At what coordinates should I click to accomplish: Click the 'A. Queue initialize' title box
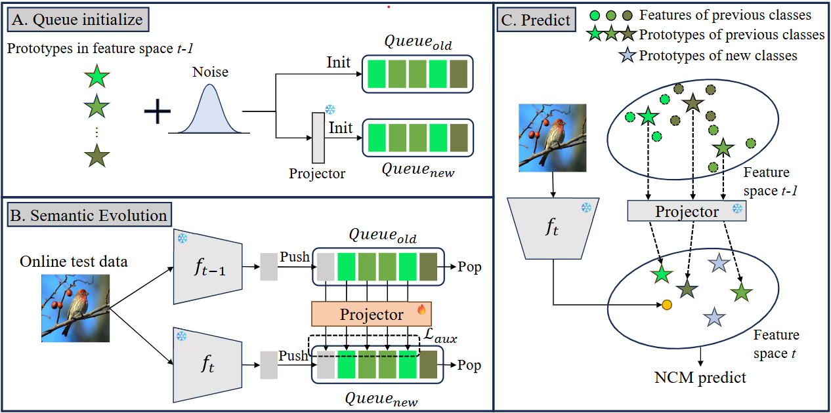78,20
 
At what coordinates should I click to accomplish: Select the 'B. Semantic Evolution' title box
89,215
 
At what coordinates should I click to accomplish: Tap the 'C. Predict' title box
536,20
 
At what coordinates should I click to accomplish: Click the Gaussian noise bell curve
209,109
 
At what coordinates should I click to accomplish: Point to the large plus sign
158,111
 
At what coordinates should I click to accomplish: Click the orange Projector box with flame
372,314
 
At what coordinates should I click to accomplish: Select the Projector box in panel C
687,211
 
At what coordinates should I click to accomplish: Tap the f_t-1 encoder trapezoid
208,267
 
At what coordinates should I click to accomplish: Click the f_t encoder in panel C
553,228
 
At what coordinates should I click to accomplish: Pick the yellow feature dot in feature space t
667,305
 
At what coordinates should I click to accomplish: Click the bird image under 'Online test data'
75,308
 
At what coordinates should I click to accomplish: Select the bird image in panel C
553,138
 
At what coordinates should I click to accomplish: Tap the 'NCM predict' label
700,378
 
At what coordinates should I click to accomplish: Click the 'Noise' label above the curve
210,72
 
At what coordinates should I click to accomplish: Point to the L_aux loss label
440,335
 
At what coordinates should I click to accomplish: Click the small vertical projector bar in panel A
318,138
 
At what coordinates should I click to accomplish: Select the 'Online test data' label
74,262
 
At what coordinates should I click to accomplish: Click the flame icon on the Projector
421,309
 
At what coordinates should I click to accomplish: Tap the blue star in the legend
627,56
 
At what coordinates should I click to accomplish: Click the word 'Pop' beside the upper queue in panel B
469,267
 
